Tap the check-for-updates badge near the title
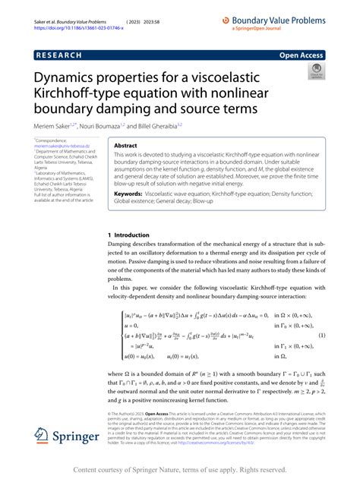click(315, 71)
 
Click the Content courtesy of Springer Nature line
click(179, 470)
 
